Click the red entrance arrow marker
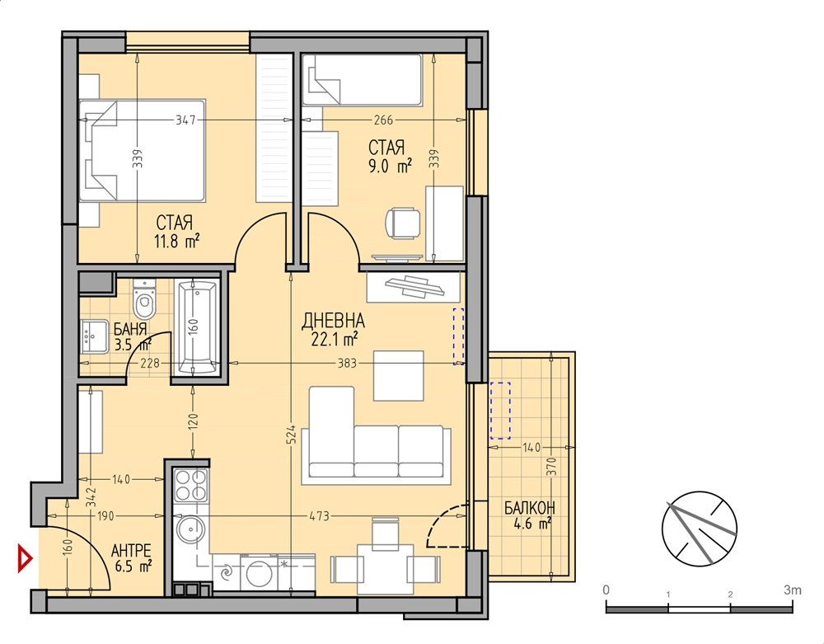[25, 557]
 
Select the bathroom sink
[95, 336]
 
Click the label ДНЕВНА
[333, 321]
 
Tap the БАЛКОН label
[529, 508]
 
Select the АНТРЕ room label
[131, 551]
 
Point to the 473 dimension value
[319, 516]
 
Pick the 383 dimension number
[347, 363]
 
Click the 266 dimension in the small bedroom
[383, 120]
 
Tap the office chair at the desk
[403, 223]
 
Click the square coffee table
[398, 375]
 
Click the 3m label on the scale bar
[793, 590]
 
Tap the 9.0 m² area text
[390, 167]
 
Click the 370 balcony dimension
[551, 467]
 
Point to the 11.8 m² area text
[176, 242]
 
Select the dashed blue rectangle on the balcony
[500, 411]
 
